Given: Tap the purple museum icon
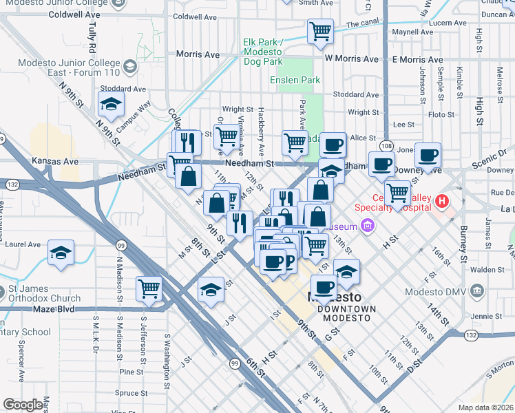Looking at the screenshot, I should [x=367, y=226].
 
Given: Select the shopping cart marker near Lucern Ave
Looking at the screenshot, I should [x=320, y=31].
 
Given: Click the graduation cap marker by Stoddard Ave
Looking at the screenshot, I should [x=110, y=104].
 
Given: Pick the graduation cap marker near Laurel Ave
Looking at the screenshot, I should [x=61, y=253].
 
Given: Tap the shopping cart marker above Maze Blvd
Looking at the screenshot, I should [x=149, y=289].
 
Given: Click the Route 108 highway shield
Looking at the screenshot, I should [x=386, y=147].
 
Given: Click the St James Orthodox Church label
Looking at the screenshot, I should [x=45, y=294].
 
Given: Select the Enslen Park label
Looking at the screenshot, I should [x=295, y=80].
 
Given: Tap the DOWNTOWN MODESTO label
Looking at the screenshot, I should [x=347, y=309].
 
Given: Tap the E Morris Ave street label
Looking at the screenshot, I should [x=417, y=60].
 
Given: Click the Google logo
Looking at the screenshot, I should [x=24, y=404].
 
